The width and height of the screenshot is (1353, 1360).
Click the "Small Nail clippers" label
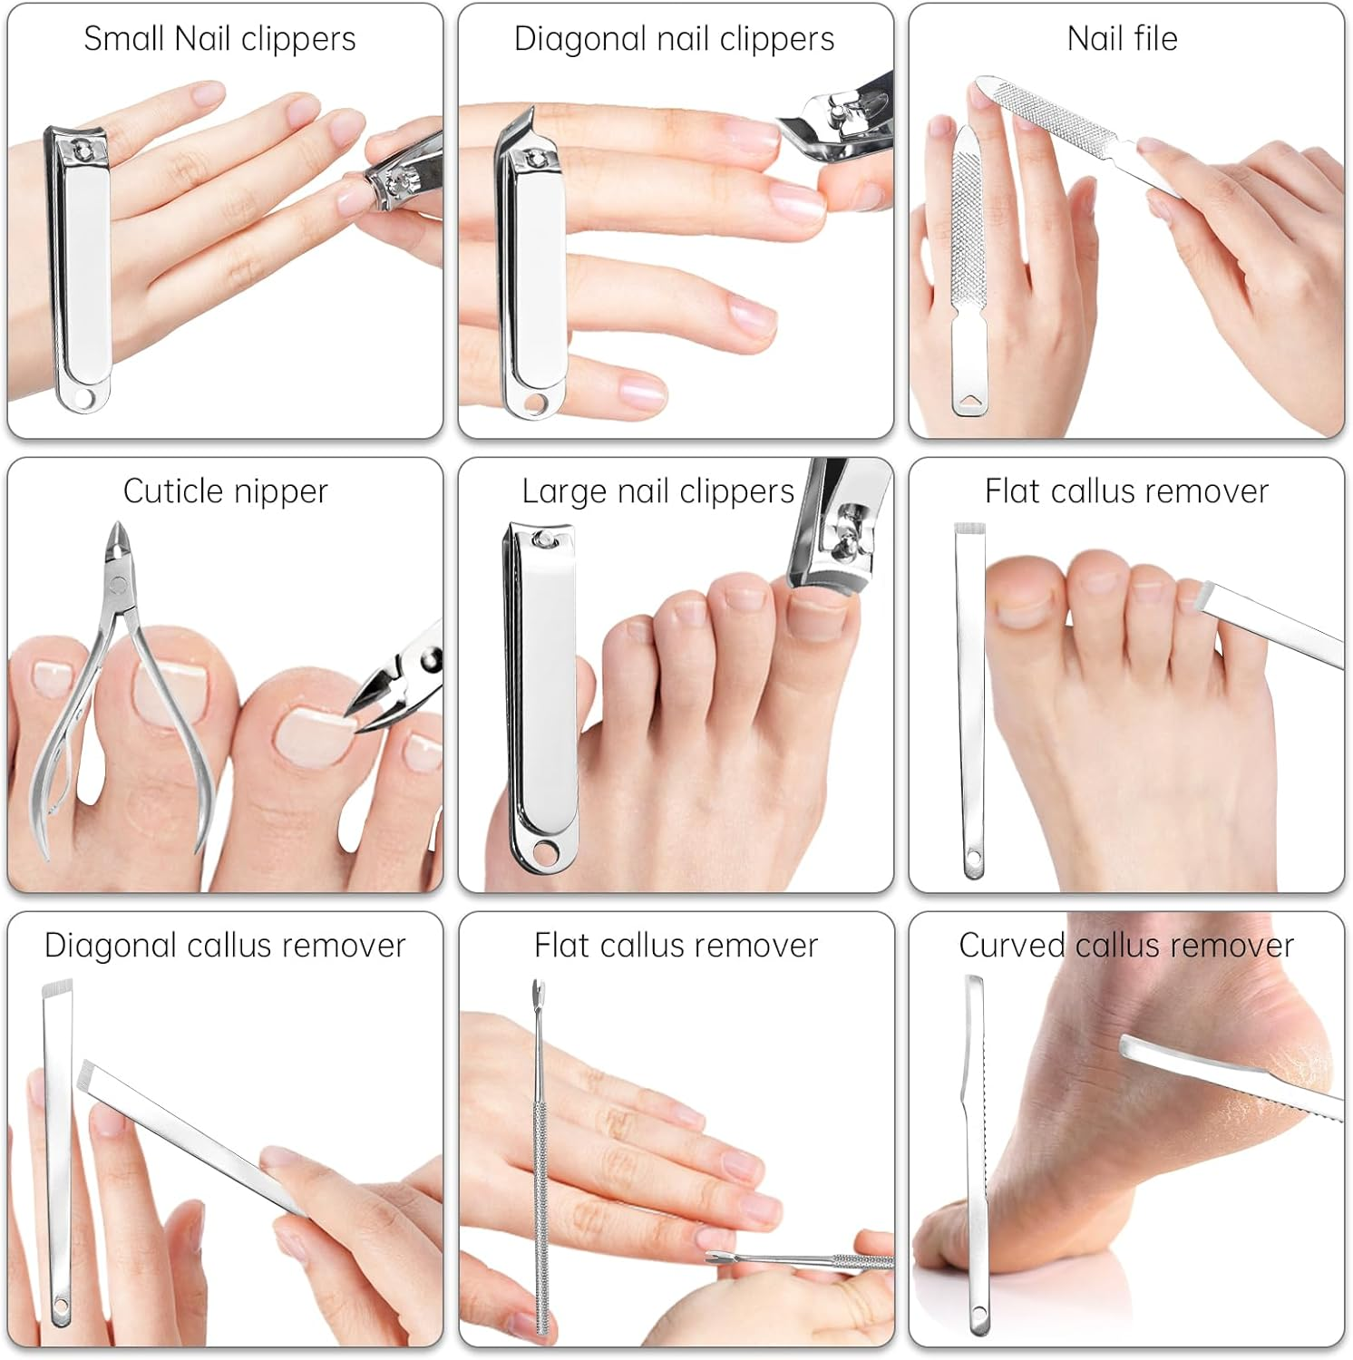pos(219,39)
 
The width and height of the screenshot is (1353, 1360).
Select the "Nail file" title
pos(1122,39)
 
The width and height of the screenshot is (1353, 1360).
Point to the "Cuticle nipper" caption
pos(225,491)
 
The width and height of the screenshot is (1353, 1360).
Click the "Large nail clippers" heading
pos(657,491)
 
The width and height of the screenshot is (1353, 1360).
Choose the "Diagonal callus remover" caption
pos(225,946)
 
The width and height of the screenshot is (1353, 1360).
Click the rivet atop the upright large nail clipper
pos(541,540)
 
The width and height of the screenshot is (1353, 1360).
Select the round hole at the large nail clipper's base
pos(545,851)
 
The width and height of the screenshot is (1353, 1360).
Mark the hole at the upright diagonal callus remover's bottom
pos(61,1307)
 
